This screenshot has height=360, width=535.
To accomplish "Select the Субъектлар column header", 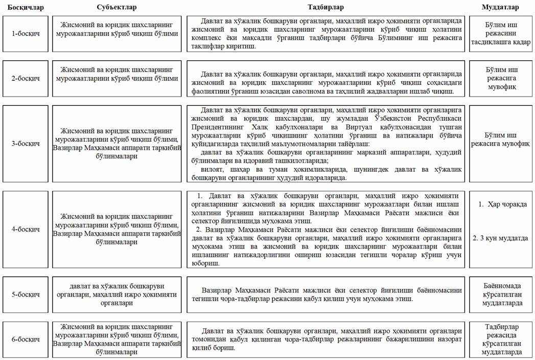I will pos(117,7).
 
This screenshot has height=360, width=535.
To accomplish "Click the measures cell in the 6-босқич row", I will pos(326,340).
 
